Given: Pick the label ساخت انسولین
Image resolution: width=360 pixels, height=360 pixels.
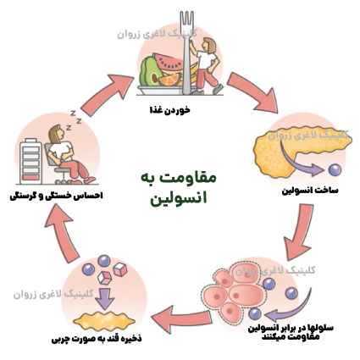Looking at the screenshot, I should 310,191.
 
